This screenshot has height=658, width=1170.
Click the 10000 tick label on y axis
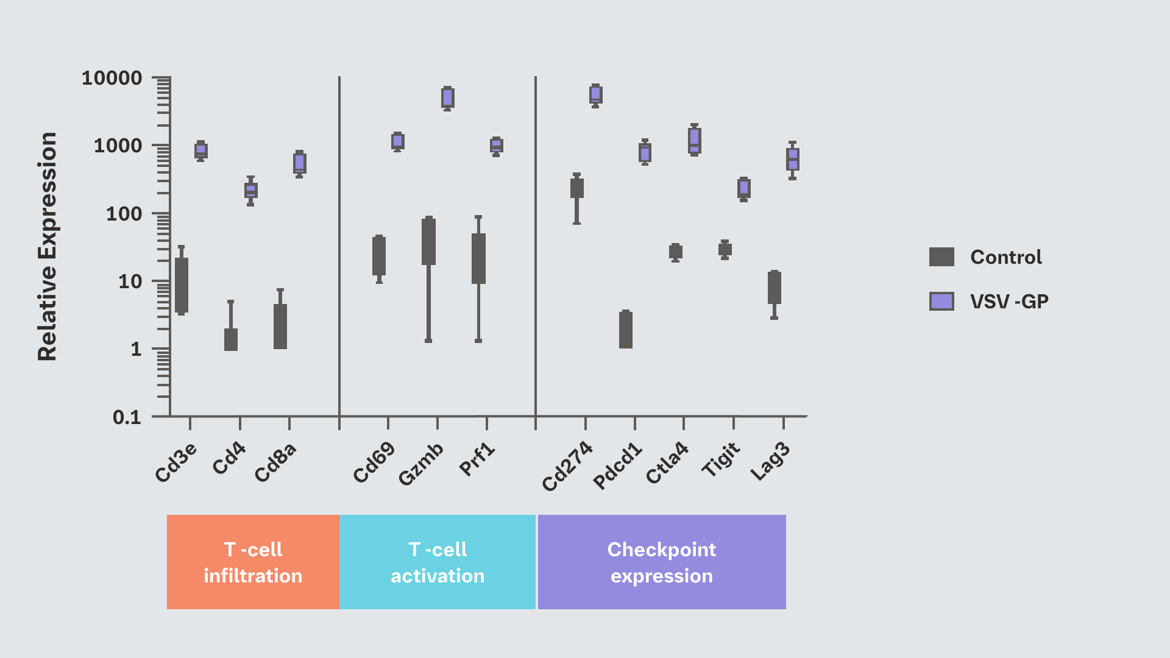click(112, 78)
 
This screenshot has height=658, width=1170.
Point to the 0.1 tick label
click(127, 417)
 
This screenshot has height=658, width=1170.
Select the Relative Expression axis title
click(47, 247)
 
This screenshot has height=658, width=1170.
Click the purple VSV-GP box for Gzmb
click(447, 97)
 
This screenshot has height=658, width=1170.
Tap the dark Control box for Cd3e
click(181, 285)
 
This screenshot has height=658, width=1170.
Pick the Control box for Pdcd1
click(625, 330)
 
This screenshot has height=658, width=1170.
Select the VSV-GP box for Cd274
click(595, 94)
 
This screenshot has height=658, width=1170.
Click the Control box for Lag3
click(774, 288)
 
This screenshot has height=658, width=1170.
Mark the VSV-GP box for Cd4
click(250, 190)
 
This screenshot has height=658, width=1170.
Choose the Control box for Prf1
click(478, 258)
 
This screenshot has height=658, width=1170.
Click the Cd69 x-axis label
click(374, 463)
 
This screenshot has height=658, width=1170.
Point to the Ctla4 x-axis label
click(667, 463)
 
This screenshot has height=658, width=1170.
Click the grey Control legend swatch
click(941, 257)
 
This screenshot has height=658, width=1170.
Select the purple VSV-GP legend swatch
click(941, 301)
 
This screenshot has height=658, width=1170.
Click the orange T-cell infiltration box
click(253, 562)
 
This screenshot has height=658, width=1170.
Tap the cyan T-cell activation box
click(438, 562)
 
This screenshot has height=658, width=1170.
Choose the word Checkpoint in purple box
click(661, 550)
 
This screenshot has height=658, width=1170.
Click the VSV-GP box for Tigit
click(743, 188)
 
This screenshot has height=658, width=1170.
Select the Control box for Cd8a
click(280, 327)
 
